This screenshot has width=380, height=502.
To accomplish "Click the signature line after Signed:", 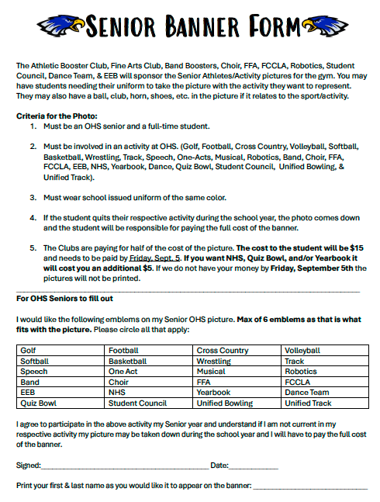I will [x=124, y=467].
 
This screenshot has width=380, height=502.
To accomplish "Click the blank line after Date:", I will [x=254, y=467].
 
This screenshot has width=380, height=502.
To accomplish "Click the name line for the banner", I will [x=310, y=487].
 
